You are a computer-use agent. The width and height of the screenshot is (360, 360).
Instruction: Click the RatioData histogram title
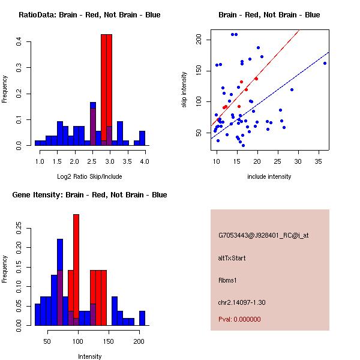click(x=89, y=15)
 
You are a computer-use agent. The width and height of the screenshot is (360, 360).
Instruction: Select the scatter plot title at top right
click(x=269, y=15)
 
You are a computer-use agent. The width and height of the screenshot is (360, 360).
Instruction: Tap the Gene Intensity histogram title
click(x=89, y=195)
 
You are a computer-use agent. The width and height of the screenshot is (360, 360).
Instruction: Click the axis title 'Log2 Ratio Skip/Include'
click(x=89, y=176)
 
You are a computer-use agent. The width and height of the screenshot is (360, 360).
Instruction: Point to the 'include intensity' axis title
click(x=269, y=176)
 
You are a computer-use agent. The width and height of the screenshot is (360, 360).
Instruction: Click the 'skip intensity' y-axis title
click(x=185, y=89)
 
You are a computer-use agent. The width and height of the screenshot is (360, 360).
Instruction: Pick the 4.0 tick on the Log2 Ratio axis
click(x=144, y=161)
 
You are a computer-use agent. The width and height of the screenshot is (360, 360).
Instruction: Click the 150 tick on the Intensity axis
click(x=108, y=341)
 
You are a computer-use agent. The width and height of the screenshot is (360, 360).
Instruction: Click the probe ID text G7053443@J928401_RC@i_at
click(x=263, y=236)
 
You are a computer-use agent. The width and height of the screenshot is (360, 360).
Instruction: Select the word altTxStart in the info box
click(x=232, y=258)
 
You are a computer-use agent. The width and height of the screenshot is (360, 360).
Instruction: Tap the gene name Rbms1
click(x=228, y=280)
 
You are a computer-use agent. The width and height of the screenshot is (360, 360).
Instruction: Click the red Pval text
click(x=239, y=319)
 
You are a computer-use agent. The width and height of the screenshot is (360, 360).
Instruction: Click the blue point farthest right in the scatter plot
click(x=325, y=63)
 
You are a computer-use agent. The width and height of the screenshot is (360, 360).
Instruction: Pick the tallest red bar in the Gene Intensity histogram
click(x=76, y=270)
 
